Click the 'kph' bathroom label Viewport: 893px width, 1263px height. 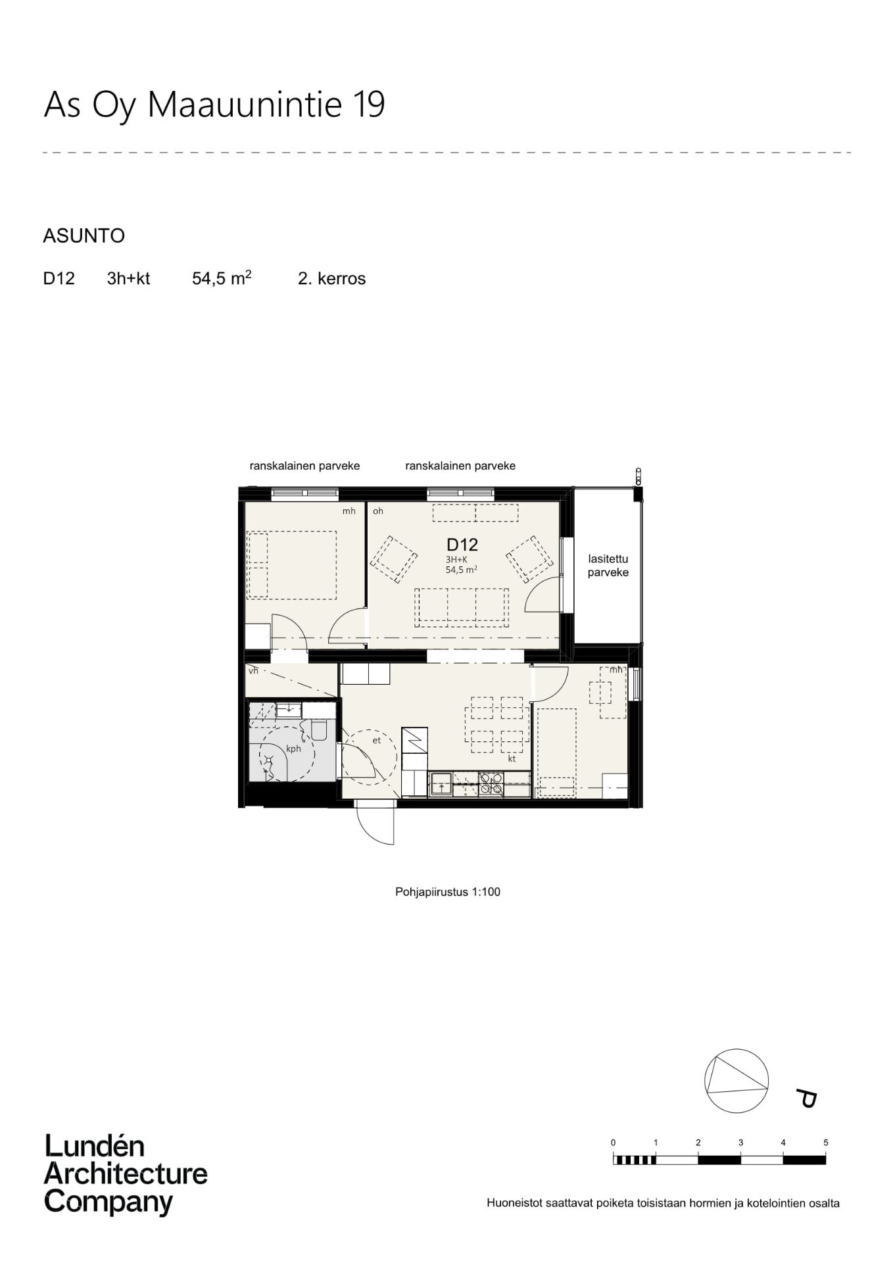293,749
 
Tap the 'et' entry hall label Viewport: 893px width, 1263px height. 377,740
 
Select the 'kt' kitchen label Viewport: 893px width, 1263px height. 512,758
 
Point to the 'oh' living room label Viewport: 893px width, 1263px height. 378,511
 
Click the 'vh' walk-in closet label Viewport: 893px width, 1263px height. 253,671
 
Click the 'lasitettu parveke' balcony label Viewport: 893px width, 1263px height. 608,566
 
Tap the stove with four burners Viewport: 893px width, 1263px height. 491,784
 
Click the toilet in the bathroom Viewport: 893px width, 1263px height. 319,729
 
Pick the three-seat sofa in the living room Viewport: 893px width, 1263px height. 462,607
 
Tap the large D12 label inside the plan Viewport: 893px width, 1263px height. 462,545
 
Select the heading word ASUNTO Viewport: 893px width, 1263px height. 84,235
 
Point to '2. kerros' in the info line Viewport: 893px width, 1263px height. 331,278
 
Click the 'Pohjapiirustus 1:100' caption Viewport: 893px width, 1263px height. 448,892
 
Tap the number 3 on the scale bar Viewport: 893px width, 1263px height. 740,1143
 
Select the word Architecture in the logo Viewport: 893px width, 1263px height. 126,1174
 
